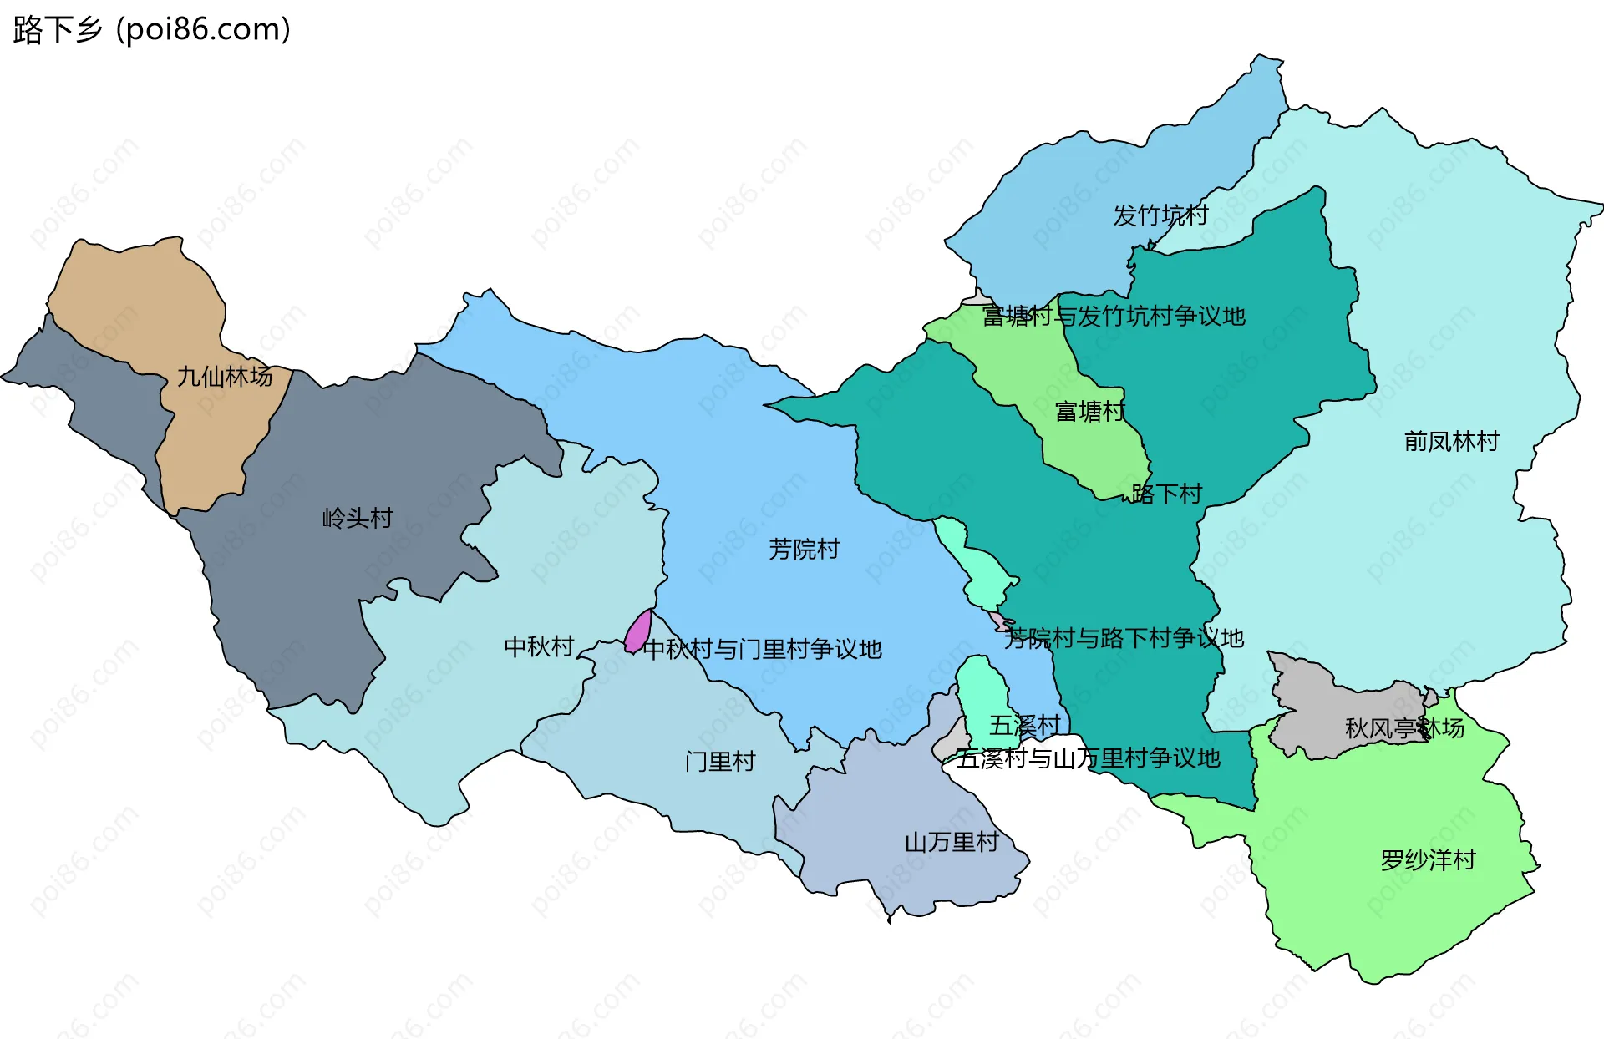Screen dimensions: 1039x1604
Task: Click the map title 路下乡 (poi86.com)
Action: click(151, 29)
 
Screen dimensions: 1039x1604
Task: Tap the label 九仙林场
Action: click(225, 377)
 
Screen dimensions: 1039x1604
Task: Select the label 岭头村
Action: click(358, 518)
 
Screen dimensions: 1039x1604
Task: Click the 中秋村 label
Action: click(539, 646)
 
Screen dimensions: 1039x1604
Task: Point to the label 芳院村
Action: click(804, 549)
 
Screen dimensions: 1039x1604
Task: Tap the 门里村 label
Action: click(720, 761)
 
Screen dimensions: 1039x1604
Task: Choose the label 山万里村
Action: click(952, 842)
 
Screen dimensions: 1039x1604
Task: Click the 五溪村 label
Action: click(1024, 725)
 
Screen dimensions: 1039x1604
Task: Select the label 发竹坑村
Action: click(1160, 215)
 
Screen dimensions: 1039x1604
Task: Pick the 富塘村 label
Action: click(1089, 411)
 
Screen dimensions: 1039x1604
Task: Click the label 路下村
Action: click(1167, 494)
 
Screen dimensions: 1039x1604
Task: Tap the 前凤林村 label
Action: click(1451, 441)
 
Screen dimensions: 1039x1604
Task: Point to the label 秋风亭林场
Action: click(1404, 728)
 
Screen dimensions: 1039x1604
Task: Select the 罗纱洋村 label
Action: click(1428, 859)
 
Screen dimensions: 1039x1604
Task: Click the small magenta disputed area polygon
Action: click(639, 632)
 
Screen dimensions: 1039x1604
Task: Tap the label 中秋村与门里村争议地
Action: click(762, 649)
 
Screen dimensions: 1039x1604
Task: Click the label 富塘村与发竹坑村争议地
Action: click(1114, 316)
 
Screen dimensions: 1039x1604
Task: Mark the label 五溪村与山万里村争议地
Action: click(1088, 758)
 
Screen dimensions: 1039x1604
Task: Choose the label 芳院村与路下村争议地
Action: click(1124, 638)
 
